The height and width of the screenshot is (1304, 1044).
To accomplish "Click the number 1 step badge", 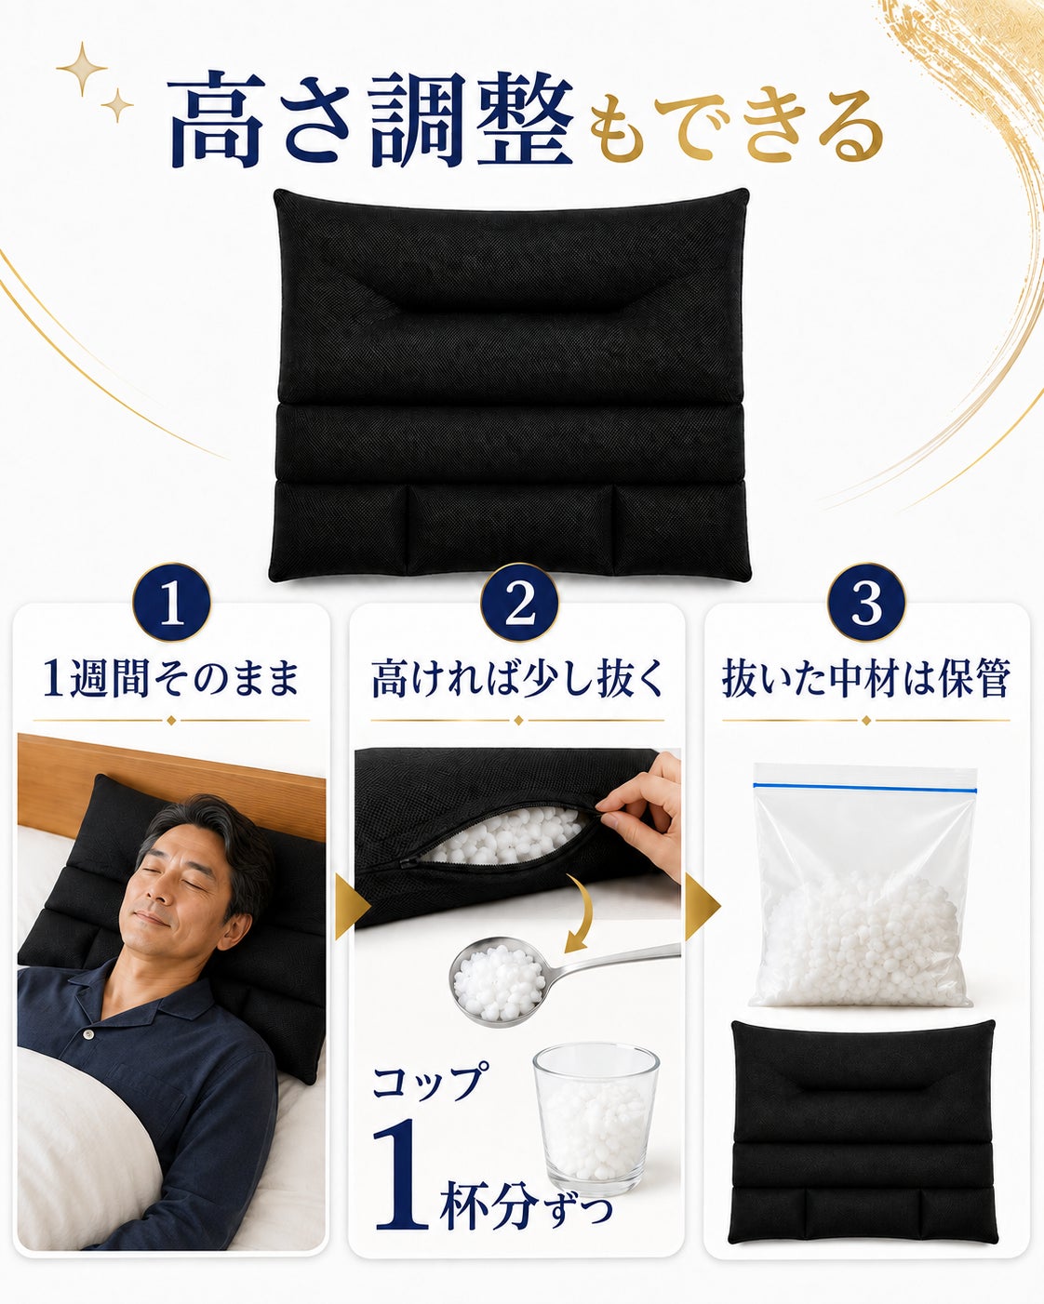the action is [x=172, y=603].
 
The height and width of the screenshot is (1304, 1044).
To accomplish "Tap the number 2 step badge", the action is [x=519, y=603].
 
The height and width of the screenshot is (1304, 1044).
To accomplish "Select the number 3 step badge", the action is [x=866, y=603].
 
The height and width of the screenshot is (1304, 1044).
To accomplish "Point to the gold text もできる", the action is [x=736, y=126].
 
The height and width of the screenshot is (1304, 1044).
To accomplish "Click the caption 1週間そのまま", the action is [x=171, y=679].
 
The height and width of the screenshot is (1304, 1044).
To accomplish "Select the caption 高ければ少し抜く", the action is [x=517, y=679].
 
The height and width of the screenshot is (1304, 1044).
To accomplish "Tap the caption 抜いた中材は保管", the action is [x=866, y=679].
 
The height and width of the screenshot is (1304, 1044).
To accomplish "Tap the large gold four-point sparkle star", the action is [x=82, y=69].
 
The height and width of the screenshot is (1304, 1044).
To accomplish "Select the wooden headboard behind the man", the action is [x=171, y=781].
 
